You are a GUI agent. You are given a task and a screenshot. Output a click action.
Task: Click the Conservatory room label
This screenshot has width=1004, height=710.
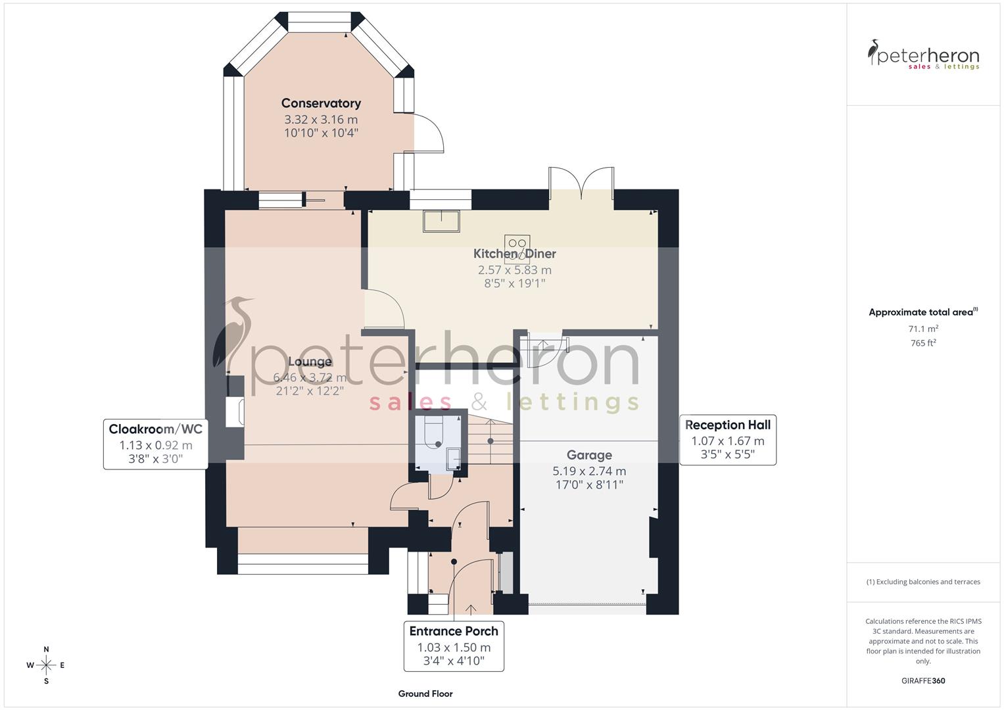[x=321, y=103]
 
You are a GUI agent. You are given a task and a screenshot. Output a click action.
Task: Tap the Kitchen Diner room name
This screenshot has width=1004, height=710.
[x=514, y=254]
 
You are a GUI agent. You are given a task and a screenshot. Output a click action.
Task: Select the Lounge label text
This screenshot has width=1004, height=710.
[x=310, y=362]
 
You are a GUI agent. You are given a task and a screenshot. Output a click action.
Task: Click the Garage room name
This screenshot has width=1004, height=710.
[x=589, y=455]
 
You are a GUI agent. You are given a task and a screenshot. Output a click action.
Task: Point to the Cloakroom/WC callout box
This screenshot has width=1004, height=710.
[x=156, y=444]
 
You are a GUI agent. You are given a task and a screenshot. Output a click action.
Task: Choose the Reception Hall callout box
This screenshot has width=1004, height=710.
[x=727, y=440]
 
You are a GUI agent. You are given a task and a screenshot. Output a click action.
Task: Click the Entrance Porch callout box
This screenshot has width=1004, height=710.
[x=454, y=646]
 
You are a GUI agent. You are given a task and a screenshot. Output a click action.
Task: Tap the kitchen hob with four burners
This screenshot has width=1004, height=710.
[x=517, y=248]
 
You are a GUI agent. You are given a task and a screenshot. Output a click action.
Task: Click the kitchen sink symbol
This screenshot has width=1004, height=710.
[x=441, y=221]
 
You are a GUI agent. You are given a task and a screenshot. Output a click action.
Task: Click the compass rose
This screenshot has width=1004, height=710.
[x=46, y=665]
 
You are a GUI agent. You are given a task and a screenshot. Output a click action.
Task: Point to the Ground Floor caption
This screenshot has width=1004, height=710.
[x=425, y=694]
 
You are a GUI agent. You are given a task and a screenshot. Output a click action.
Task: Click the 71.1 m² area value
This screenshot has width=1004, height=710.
[x=923, y=329]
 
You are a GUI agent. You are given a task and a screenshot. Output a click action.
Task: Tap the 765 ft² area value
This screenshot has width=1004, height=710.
[x=923, y=343]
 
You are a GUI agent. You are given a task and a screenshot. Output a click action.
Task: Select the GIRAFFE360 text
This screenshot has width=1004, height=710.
[x=923, y=680]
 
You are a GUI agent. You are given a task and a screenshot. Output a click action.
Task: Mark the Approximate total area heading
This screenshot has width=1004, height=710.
[x=922, y=312]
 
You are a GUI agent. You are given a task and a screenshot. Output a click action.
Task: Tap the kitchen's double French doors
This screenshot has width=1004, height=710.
[x=581, y=182]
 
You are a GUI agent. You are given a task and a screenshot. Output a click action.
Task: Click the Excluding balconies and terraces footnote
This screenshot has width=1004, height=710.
[x=923, y=582]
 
